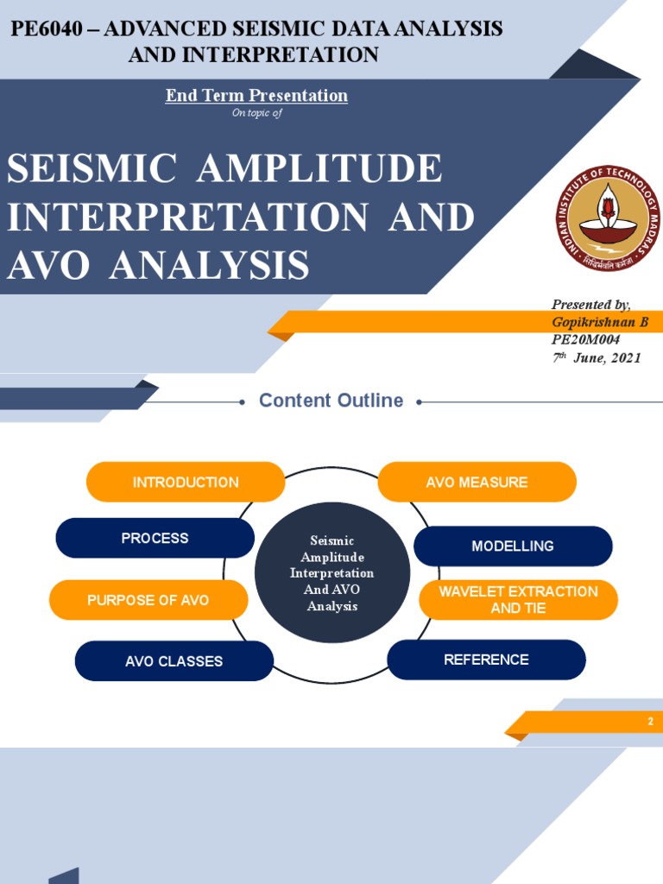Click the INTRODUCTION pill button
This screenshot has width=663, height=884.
(x=186, y=482)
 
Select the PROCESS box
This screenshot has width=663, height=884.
(x=155, y=538)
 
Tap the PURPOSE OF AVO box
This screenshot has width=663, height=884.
(x=148, y=600)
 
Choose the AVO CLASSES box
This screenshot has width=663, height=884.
(x=174, y=661)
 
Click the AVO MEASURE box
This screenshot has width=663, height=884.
(x=477, y=482)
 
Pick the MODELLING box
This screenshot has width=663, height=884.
(x=513, y=546)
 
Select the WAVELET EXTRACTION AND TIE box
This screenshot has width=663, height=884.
(x=518, y=600)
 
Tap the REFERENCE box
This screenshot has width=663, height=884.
(x=486, y=660)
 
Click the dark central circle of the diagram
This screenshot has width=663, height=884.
(x=332, y=573)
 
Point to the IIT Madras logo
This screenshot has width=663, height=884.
(x=607, y=218)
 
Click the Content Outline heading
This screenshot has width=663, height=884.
(x=331, y=401)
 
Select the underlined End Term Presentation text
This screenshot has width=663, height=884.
(x=256, y=96)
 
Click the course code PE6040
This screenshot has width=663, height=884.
(x=46, y=28)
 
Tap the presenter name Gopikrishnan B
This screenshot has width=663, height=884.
(x=600, y=322)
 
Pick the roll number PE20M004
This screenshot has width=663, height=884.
(x=585, y=339)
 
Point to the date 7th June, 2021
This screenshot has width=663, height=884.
(x=597, y=357)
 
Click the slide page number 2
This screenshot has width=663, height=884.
(x=651, y=722)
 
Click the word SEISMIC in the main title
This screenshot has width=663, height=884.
(x=92, y=169)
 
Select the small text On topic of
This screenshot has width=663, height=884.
(x=256, y=113)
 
